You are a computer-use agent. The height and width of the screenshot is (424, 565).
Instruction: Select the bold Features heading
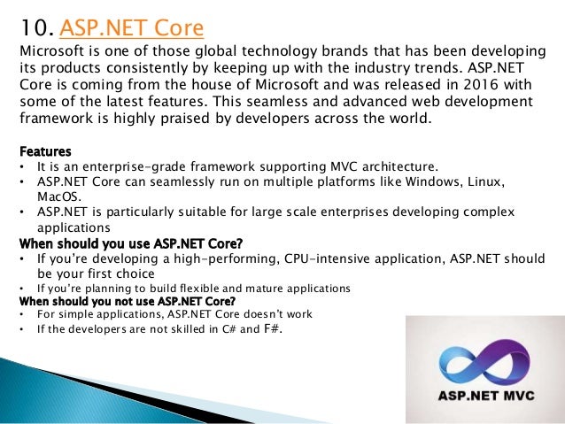tap(45, 151)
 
